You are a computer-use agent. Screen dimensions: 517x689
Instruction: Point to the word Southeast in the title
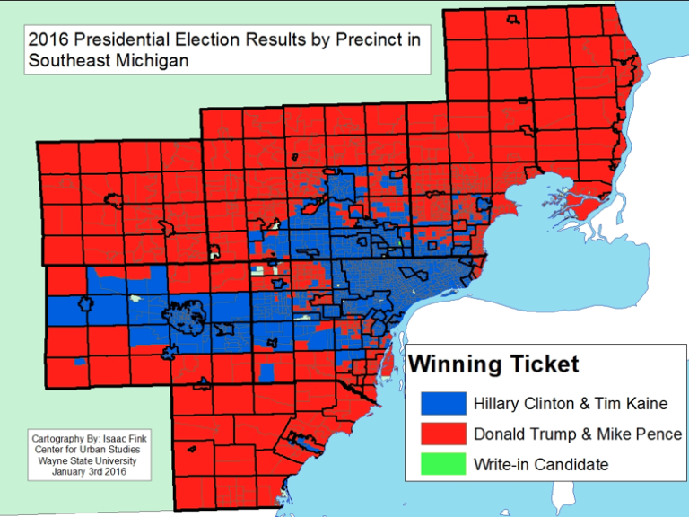pos(65,61)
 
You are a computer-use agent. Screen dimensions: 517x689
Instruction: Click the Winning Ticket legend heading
pos(494,364)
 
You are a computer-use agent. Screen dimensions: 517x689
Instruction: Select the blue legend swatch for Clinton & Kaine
pos(444,404)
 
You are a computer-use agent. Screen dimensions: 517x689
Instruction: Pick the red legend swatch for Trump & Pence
pos(444,434)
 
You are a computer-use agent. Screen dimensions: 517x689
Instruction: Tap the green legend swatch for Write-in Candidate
pos(444,464)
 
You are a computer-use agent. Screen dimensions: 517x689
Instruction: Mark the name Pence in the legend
pos(659,434)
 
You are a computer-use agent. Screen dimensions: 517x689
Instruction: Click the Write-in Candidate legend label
pos(541,464)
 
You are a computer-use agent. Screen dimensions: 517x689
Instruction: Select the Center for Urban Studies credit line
pos(90,451)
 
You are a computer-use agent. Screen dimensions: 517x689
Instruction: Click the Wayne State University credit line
pos(90,461)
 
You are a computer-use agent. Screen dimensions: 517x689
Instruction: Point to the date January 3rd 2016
pos(90,472)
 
